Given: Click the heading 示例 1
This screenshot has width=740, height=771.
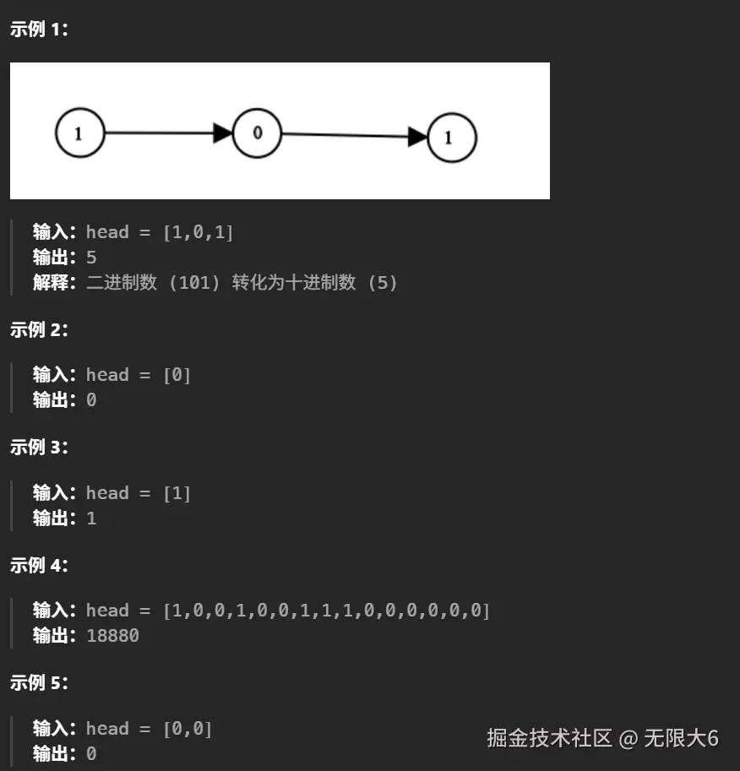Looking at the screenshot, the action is point(39,30).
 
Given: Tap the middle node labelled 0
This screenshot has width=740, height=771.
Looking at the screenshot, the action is point(257,133).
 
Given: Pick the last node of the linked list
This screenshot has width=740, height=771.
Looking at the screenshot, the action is point(452,138).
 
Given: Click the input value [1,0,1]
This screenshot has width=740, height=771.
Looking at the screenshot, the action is point(198,232).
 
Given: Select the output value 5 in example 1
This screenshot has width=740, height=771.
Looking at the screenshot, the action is point(91,258).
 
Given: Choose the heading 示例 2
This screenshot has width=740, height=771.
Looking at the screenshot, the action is point(39,330).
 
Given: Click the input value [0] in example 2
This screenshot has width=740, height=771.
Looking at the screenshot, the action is point(177,375).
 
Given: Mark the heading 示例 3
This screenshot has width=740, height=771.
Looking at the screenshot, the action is point(39,448).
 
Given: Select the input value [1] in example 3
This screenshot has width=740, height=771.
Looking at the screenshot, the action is point(177,493).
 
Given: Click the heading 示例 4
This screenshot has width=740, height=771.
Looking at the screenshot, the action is point(39,566).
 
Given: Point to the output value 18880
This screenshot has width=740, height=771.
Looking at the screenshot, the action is point(112,635).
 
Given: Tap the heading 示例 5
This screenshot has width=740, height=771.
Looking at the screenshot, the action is point(39,683).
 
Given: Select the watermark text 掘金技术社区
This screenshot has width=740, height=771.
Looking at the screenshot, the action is point(549,738).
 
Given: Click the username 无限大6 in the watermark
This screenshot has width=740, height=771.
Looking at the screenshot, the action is point(681,738).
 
